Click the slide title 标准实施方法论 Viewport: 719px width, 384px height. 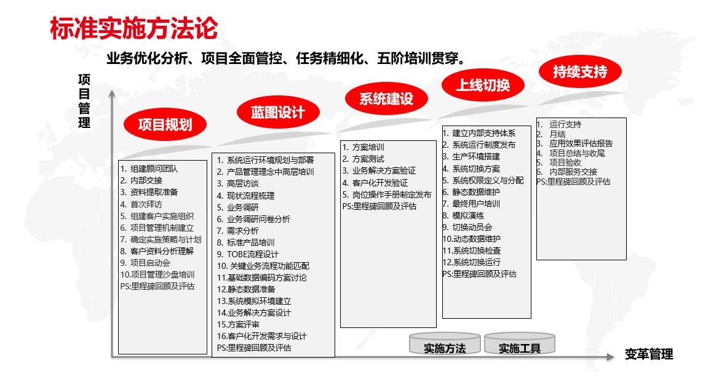134,28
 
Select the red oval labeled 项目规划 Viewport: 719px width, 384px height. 165,124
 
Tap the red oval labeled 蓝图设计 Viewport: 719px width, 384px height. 278,112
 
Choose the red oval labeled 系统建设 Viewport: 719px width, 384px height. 386,98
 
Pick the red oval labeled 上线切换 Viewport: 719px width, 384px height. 483,85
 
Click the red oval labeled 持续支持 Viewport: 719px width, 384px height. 580,71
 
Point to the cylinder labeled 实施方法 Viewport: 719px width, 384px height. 445,344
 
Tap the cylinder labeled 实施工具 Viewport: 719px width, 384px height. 520,344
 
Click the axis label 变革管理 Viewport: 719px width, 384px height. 649,354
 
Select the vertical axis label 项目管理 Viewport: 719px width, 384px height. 84,101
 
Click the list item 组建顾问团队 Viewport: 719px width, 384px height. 154,169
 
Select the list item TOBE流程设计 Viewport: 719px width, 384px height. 253,254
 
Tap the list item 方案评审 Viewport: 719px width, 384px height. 244,324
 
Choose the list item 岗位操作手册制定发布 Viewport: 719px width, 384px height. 392,194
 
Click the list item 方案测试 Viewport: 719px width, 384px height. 368,159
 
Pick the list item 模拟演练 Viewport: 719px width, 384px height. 468,215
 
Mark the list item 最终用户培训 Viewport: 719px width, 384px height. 476,204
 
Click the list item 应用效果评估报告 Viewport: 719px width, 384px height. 581,143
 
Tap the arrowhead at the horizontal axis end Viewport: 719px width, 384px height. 610,357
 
